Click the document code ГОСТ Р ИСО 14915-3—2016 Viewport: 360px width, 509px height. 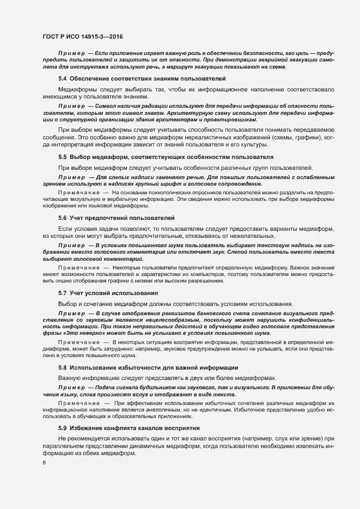(x=83, y=37)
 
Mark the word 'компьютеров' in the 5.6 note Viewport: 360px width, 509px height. (x=199, y=275)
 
